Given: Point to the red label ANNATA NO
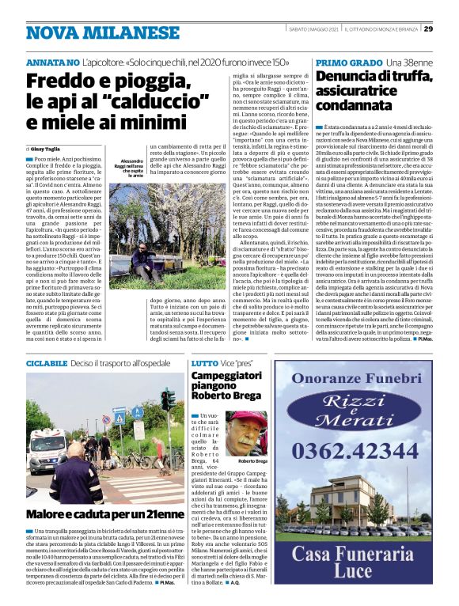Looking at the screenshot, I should tap(52, 62).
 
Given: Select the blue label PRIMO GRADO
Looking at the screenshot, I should tap(349, 62).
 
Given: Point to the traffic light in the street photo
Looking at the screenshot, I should tap(167, 400).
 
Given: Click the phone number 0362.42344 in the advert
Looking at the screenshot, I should tap(365, 454).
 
